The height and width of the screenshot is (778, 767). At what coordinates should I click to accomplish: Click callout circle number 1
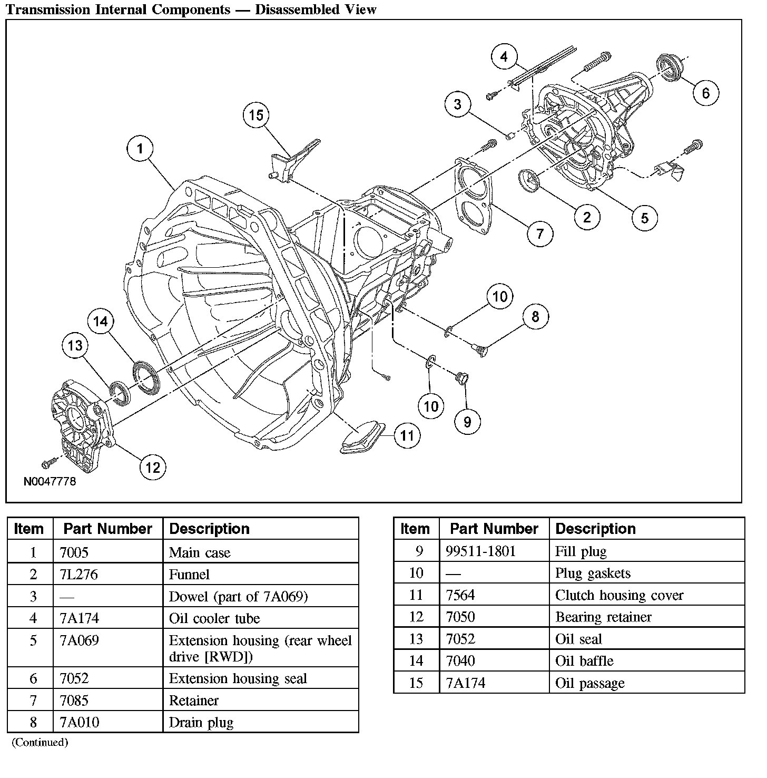coord(140,149)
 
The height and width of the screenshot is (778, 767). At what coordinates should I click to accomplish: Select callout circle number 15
coord(256,115)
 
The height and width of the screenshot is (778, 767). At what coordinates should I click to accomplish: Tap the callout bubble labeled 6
coord(706,93)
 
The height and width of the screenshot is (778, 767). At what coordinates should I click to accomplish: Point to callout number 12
coord(153,467)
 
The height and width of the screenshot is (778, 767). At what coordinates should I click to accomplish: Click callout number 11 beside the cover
coord(407,436)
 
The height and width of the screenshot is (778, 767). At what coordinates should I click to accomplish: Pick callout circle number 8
coord(535,316)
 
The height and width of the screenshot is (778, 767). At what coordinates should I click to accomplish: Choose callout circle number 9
coord(467,421)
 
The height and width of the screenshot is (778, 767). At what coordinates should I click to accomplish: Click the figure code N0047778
coord(50,481)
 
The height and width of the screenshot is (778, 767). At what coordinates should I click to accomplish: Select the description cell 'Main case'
coord(200,552)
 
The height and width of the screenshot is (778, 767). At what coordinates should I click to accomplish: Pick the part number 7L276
coord(78,574)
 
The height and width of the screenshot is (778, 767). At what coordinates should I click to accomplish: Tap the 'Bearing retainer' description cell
coord(603,617)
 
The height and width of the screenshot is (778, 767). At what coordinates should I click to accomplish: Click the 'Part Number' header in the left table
coord(107,529)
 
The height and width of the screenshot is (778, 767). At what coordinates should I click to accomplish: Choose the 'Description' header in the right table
coord(595,529)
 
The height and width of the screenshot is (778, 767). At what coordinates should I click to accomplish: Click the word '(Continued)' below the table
coord(40,742)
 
